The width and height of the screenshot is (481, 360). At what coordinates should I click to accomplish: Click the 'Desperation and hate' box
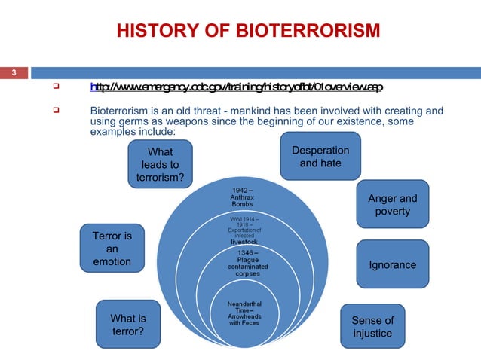pyautogui.click(x=320, y=157)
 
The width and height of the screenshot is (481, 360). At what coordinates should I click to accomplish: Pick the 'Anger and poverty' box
pyautogui.click(x=392, y=205)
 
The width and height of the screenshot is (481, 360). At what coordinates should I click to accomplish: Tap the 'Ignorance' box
pyautogui.click(x=392, y=265)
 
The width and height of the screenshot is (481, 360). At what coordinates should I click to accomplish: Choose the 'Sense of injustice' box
pyautogui.click(x=372, y=326)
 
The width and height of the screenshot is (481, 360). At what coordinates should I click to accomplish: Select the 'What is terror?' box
pyautogui.click(x=128, y=325)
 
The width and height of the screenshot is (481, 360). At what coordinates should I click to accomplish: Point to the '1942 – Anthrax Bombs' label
pyautogui.click(x=242, y=197)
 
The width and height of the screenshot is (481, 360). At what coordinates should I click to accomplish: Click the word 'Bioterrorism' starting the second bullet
pyautogui.click(x=120, y=111)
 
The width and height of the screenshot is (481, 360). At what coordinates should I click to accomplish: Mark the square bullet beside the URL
pyautogui.click(x=55, y=87)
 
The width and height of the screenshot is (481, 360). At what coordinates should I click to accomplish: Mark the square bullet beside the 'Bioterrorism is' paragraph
pyautogui.click(x=55, y=111)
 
